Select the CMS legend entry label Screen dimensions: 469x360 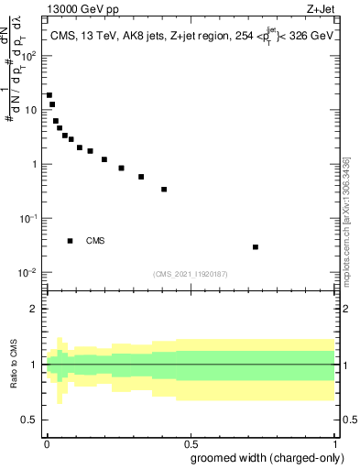coord(95,241)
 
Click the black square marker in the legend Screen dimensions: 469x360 coord(71,241)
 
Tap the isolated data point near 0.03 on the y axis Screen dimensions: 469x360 coord(256,246)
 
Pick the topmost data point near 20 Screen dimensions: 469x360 coord(49,95)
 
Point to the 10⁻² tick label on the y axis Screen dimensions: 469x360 coord(27,273)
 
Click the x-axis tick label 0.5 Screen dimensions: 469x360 coord(191,442)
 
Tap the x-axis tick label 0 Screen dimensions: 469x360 coord(46,442)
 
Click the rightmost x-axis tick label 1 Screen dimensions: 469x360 coord(334,442)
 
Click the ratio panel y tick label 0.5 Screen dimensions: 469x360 coord(30,420)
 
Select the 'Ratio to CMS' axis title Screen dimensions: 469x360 coord(14,364)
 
